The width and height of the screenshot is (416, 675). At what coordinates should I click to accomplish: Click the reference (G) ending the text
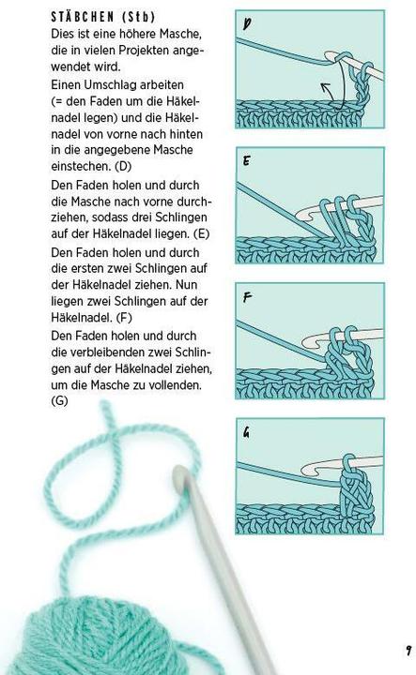60,401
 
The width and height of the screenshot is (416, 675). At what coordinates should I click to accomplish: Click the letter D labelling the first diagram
246,24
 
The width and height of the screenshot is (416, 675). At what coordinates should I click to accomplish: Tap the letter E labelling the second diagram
246,161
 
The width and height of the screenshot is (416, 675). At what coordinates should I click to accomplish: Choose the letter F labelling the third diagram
246,298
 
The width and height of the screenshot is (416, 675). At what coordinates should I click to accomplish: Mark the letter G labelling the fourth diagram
246,432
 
